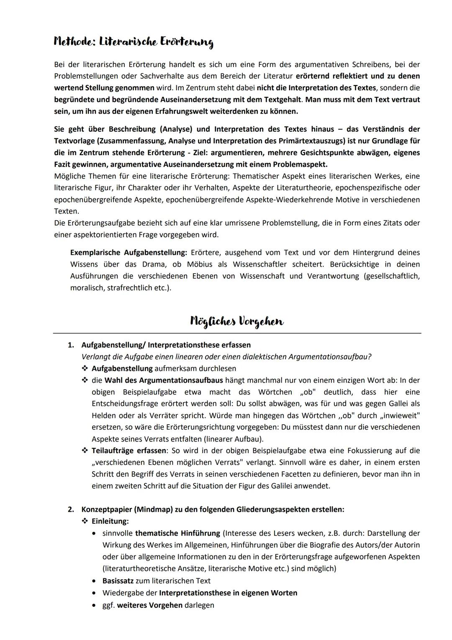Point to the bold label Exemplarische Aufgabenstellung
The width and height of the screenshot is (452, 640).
pos(128,253)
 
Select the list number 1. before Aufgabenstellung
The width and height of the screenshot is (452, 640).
pos(71,345)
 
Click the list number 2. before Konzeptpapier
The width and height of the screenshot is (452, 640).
pos(71,510)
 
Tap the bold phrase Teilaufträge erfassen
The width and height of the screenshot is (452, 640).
pos(129,451)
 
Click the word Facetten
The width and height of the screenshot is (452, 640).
pos(309,474)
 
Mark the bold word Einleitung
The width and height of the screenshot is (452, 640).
pos(110,521)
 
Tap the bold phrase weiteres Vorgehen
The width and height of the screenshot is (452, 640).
pos(150,605)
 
